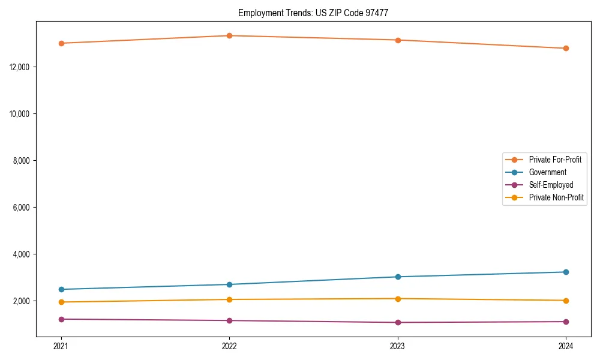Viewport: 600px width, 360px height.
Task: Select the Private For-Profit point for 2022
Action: tap(229, 35)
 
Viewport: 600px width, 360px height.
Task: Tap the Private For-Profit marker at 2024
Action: tap(566, 48)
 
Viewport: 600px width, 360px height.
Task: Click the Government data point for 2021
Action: tap(61, 289)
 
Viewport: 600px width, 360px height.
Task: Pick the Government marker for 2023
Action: tap(398, 277)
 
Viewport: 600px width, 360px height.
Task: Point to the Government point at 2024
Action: tap(566, 272)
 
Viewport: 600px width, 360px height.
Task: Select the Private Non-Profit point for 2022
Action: tap(229, 299)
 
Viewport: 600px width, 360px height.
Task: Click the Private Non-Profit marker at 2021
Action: tap(61, 302)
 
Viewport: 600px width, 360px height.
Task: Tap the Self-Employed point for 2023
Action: tap(398, 322)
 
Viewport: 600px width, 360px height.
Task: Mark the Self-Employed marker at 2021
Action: tap(61, 319)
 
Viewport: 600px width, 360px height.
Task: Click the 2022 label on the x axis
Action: tap(229, 346)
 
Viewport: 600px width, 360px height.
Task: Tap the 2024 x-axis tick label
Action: tap(566, 346)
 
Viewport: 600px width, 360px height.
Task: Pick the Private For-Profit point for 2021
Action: tap(61, 43)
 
